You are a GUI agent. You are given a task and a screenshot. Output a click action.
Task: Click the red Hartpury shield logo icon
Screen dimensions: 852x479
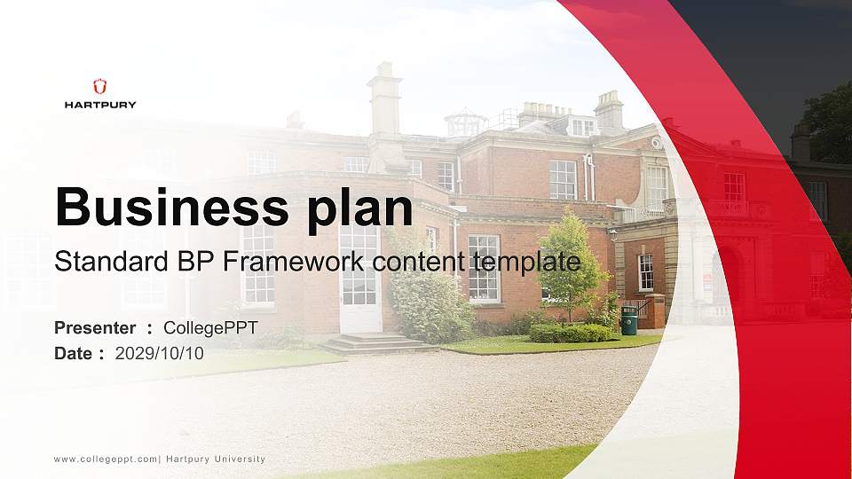coord(99,86)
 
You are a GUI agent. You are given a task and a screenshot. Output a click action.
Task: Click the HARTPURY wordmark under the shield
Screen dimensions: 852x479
coord(100,105)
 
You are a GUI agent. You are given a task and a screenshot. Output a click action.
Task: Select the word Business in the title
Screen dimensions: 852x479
coord(172,207)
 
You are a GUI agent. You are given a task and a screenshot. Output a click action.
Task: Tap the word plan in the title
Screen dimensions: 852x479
coord(359,211)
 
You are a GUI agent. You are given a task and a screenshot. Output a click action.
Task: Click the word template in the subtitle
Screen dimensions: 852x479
coord(526,263)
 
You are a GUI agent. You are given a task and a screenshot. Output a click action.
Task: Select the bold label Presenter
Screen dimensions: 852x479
coord(95,328)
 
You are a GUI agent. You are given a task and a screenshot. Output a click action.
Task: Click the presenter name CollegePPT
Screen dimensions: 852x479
coord(211,328)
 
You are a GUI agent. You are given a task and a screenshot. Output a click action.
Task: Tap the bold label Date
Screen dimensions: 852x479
coord(74,354)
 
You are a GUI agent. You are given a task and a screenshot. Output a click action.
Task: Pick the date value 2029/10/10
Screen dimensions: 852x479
coord(159,354)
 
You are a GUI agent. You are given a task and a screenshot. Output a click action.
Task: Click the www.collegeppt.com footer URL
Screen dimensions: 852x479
coord(106,459)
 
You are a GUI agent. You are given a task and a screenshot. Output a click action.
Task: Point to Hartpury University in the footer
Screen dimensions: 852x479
coord(216,459)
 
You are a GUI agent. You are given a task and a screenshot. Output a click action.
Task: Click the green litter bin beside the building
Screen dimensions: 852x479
coord(628,320)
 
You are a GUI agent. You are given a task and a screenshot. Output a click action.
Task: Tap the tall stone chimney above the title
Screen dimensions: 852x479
coord(385,117)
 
